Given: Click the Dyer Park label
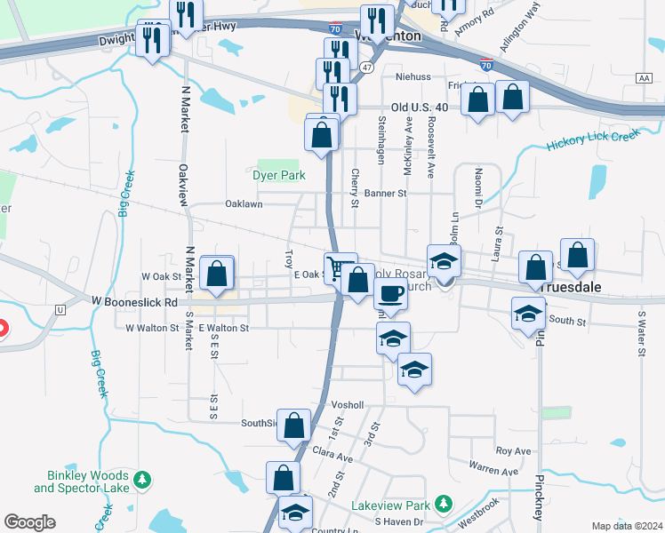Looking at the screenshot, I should pyautogui.click(x=279, y=175).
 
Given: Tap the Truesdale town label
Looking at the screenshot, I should pyautogui.click(x=573, y=288).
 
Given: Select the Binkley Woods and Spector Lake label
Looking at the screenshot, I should pyautogui.click(x=82, y=481).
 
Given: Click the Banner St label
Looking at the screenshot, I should pyautogui.click(x=385, y=193).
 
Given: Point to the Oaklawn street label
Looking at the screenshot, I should pyautogui.click(x=244, y=203).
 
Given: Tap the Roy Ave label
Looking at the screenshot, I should pyautogui.click(x=513, y=451).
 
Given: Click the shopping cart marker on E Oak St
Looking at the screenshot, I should pyautogui.click(x=339, y=268).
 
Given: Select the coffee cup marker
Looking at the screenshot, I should pyautogui.click(x=390, y=294).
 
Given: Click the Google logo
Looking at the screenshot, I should pyautogui.click(x=29, y=522).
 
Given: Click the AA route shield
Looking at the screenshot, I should pyautogui.click(x=644, y=79).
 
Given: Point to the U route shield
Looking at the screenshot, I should pyautogui.click(x=60, y=309).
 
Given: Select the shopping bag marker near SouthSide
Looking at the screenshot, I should pyautogui.click(x=294, y=426).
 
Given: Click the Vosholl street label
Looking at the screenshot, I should pyautogui.click(x=348, y=404).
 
